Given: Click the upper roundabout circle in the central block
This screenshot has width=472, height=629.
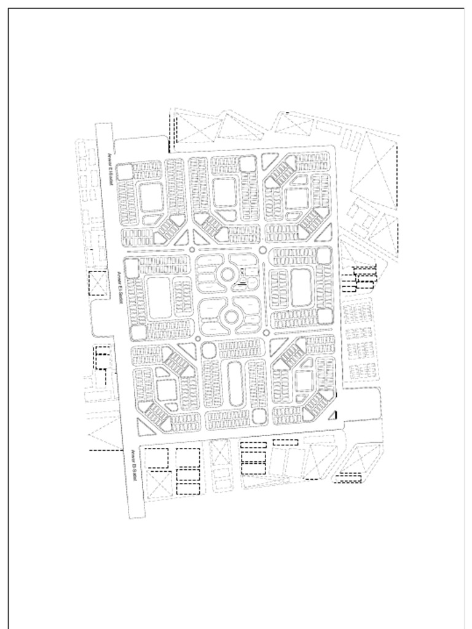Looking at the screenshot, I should pos(227,273).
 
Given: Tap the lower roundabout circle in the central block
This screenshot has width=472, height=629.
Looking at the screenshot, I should pos(231,317).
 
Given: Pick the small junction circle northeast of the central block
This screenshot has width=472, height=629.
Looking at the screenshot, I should pos(262,250).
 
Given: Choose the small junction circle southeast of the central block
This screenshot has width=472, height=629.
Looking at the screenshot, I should pos(266,332).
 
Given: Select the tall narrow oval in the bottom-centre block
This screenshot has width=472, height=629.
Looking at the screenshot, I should pos(234,384).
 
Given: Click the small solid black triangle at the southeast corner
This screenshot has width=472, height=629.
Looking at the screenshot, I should pos(332,415).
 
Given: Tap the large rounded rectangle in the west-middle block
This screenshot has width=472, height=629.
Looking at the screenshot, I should pos(159,297).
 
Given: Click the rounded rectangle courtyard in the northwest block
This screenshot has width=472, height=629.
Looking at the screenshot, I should pos(151,197).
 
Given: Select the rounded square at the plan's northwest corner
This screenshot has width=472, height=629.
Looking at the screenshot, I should pos(125,172).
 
